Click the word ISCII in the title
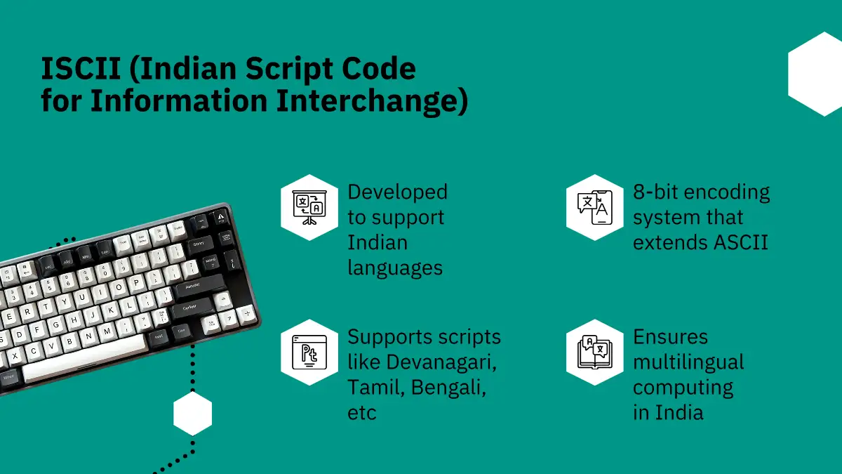coord(81,69)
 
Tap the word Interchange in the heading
coord(372,101)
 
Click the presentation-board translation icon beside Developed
coord(309,207)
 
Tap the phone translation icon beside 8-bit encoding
coord(595,207)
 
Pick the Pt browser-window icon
coord(309,353)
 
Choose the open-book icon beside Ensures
coord(595,353)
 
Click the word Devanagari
coord(441,362)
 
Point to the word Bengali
coord(448,388)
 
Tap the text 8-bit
coord(656,192)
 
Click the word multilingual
coord(688,362)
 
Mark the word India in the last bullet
coord(679,412)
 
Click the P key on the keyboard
coord(135,283)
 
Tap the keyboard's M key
coord(107,331)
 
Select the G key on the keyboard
coord(55,324)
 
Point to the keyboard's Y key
coord(65,302)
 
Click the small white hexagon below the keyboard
coord(192,414)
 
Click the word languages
coord(395,268)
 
